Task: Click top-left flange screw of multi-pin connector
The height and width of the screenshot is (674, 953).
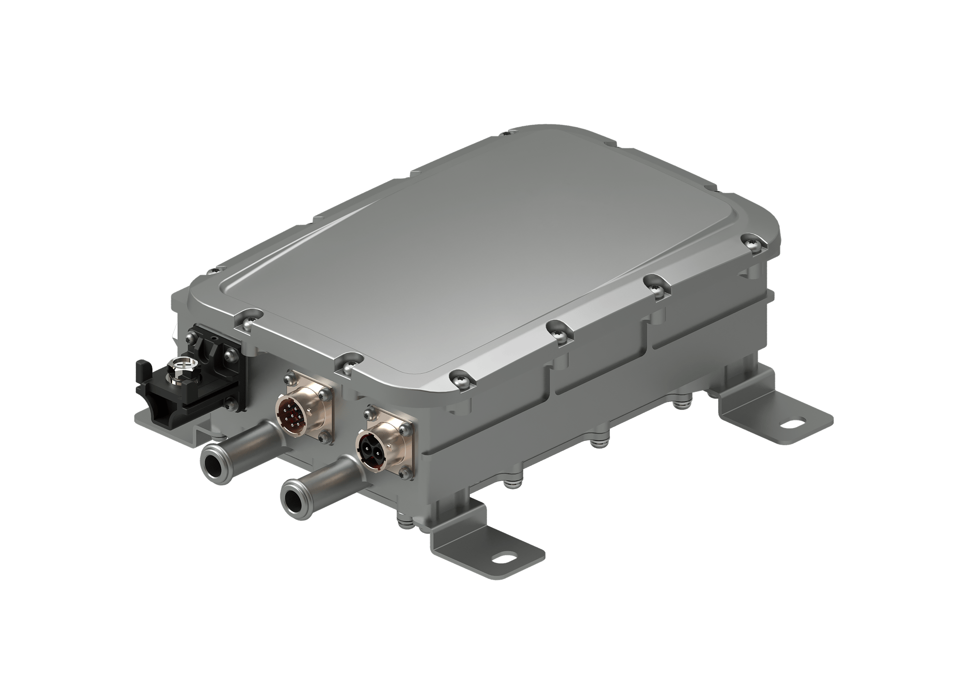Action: pyautogui.click(x=288, y=379)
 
